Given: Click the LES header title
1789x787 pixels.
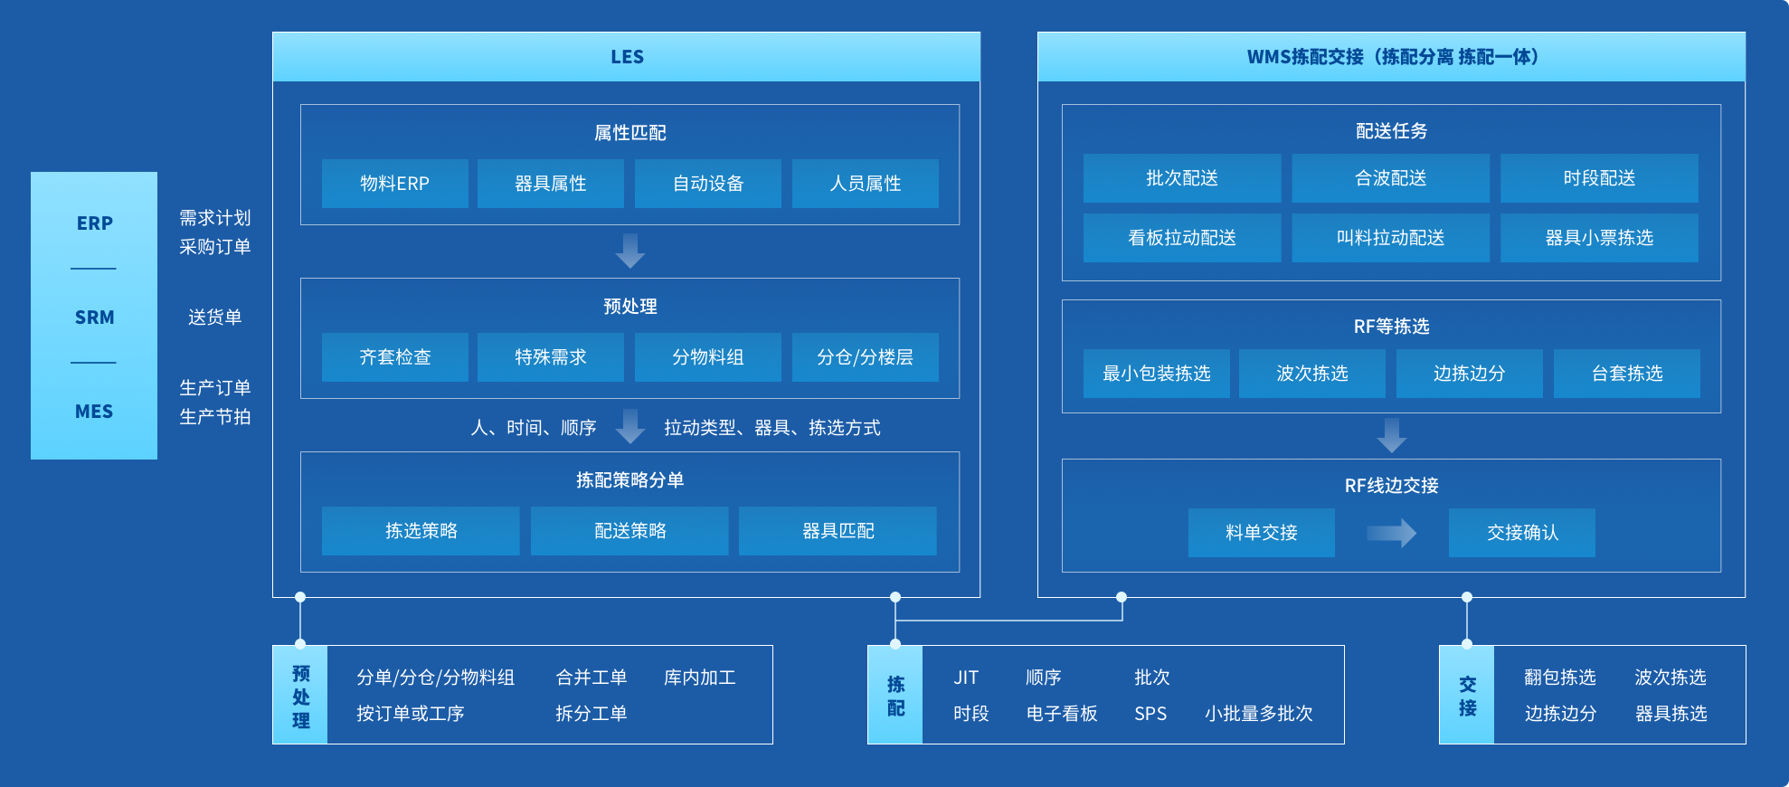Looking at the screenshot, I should [627, 57].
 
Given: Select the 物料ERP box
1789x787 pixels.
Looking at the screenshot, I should [395, 184].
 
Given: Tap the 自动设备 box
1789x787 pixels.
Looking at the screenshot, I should [708, 184].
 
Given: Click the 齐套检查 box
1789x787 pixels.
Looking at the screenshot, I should [395, 357].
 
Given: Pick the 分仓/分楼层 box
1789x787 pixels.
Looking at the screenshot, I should [866, 357].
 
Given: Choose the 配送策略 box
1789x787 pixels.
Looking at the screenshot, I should [629, 531].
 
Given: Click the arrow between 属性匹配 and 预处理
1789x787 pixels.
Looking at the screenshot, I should [630, 251].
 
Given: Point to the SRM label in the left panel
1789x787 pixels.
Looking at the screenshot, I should [94, 318].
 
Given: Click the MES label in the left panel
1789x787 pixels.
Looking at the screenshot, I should [94, 412].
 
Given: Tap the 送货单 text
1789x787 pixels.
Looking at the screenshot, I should [214, 318].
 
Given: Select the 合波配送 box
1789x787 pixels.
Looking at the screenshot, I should [1390, 178].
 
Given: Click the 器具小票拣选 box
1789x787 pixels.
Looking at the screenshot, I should [1599, 238].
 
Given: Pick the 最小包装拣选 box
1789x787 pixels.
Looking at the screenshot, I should [1157, 374].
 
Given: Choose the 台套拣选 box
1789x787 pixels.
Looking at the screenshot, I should [1627, 374].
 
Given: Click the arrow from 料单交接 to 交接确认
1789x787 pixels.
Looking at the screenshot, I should [1391, 533].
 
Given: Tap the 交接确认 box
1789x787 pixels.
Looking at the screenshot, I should [1522, 533].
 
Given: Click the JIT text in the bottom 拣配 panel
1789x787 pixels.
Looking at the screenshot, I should [966, 678].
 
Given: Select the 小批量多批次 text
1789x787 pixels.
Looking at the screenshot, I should [1258, 714].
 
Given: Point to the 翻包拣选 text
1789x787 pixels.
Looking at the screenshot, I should [1559, 678].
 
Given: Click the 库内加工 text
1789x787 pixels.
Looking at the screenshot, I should [699, 678].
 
